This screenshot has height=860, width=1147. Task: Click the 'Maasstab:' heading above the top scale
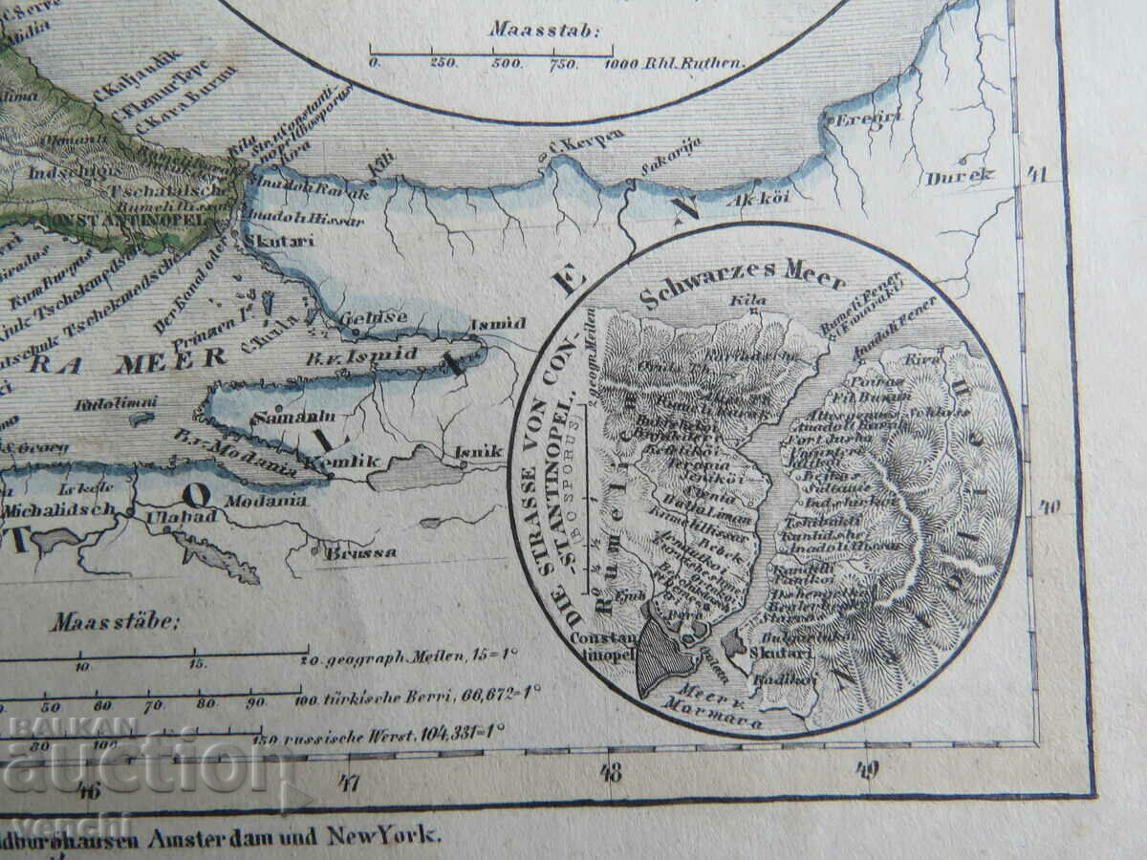(x=545, y=29)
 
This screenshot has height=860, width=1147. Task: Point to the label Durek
(x=946, y=177)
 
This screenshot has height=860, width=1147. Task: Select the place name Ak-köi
(x=748, y=200)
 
